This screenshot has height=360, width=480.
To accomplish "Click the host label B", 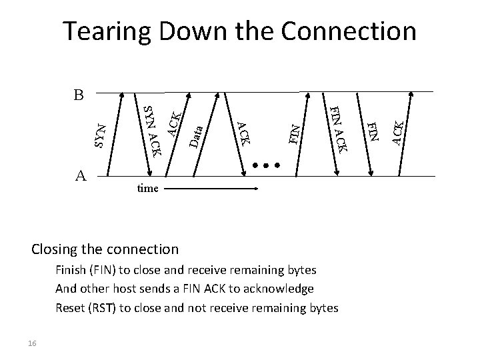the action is pos(79,95).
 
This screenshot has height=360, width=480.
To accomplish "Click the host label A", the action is pos(81,175).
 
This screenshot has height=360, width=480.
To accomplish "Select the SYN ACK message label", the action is pos(153,130).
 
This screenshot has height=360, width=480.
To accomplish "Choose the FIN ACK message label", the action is pos(339,129).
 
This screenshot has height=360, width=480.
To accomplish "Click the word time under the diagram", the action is pos(147,189).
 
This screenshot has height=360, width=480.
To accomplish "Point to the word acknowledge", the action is pos(279,289).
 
